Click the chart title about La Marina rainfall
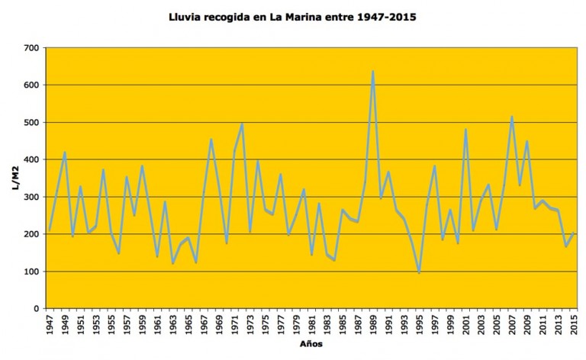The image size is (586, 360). pyautogui.click(x=293, y=15)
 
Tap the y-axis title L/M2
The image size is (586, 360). pyautogui.click(x=17, y=178)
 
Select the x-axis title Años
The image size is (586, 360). pyautogui.click(x=311, y=344)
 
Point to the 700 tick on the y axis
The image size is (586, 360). pyautogui.click(x=31, y=48)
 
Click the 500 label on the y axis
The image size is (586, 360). pyautogui.click(x=31, y=123)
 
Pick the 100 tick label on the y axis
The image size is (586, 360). pyautogui.click(x=31, y=272)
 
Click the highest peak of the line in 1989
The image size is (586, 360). pyautogui.click(x=373, y=72)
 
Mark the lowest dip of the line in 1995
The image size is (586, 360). pyautogui.click(x=420, y=272)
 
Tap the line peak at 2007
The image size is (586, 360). pyautogui.click(x=512, y=117)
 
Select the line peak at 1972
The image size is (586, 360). pyautogui.click(x=242, y=124)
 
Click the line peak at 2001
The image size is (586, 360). pyautogui.click(x=465, y=130)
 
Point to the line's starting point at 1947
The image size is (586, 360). pyautogui.click(x=50, y=230)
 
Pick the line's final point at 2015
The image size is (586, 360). pyautogui.click(x=574, y=233)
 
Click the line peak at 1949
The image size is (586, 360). pyautogui.click(x=65, y=152)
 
